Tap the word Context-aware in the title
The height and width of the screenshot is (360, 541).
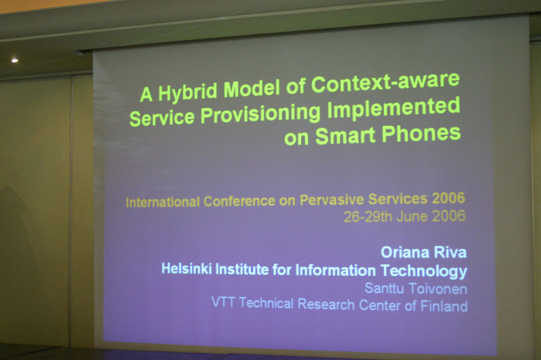coord(385,82)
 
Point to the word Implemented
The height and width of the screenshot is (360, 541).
coord(394,108)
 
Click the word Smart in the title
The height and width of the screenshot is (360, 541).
coord(345,135)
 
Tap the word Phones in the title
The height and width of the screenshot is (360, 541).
coord(421,133)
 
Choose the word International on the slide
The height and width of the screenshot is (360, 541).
coord(162,202)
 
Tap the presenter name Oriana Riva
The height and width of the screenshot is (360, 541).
coord(424,252)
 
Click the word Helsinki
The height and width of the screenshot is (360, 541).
coord(187,269)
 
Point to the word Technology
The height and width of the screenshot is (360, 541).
coord(424,271)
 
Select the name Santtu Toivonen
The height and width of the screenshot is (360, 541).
coord(416,288)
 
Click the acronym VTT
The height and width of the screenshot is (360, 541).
coord(223,302)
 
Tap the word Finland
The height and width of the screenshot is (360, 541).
coord(444,306)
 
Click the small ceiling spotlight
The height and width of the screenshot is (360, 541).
coord(15,60)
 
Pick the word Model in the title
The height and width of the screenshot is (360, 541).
coord(252,89)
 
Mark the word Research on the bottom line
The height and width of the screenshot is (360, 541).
coord(326,305)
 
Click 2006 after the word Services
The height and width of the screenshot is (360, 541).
coord(448,198)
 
